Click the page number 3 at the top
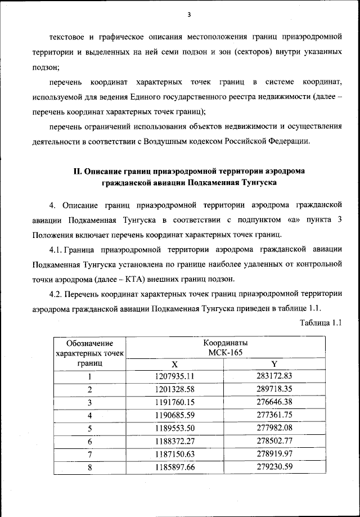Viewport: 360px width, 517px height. [190, 14]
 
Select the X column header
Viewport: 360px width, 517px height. [174, 364]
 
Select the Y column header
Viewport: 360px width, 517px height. [274, 364]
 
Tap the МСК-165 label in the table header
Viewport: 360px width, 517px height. [224, 352]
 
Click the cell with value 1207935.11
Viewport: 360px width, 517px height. [174, 376]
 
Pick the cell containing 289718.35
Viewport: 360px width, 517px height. [274, 389]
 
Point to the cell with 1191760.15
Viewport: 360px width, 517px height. [174, 402]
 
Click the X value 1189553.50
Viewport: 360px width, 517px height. [174, 429]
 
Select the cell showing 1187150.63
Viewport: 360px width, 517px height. [174, 455]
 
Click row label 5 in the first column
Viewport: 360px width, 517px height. [89, 429]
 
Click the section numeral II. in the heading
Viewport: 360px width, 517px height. [78, 170]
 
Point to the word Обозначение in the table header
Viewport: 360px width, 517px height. [89, 343]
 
